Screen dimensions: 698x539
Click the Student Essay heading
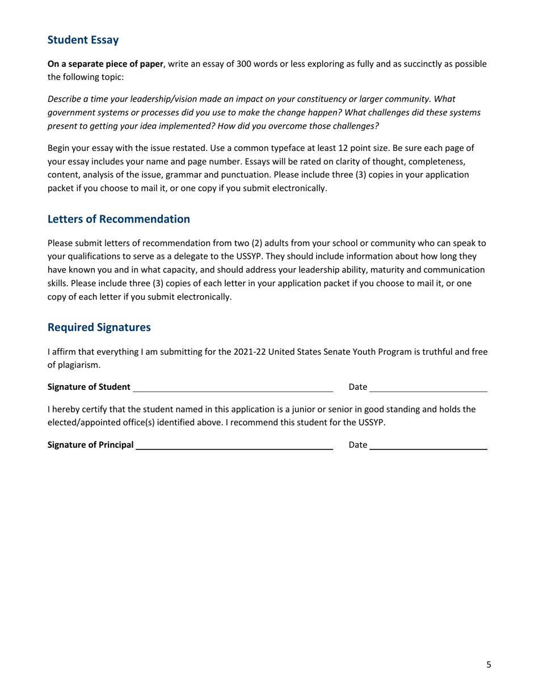pos(83,40)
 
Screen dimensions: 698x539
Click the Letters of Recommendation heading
pos(119,218)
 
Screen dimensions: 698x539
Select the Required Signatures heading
pos(99,327)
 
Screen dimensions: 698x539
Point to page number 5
pos(489,665)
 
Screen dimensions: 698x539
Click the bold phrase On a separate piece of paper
pos(105,64)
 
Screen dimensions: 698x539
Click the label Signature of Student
pos(89,387)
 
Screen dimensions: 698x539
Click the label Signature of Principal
pos(91,445)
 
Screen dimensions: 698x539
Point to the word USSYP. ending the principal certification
pos(372,422)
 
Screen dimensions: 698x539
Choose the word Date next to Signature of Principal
pos(358,445)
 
